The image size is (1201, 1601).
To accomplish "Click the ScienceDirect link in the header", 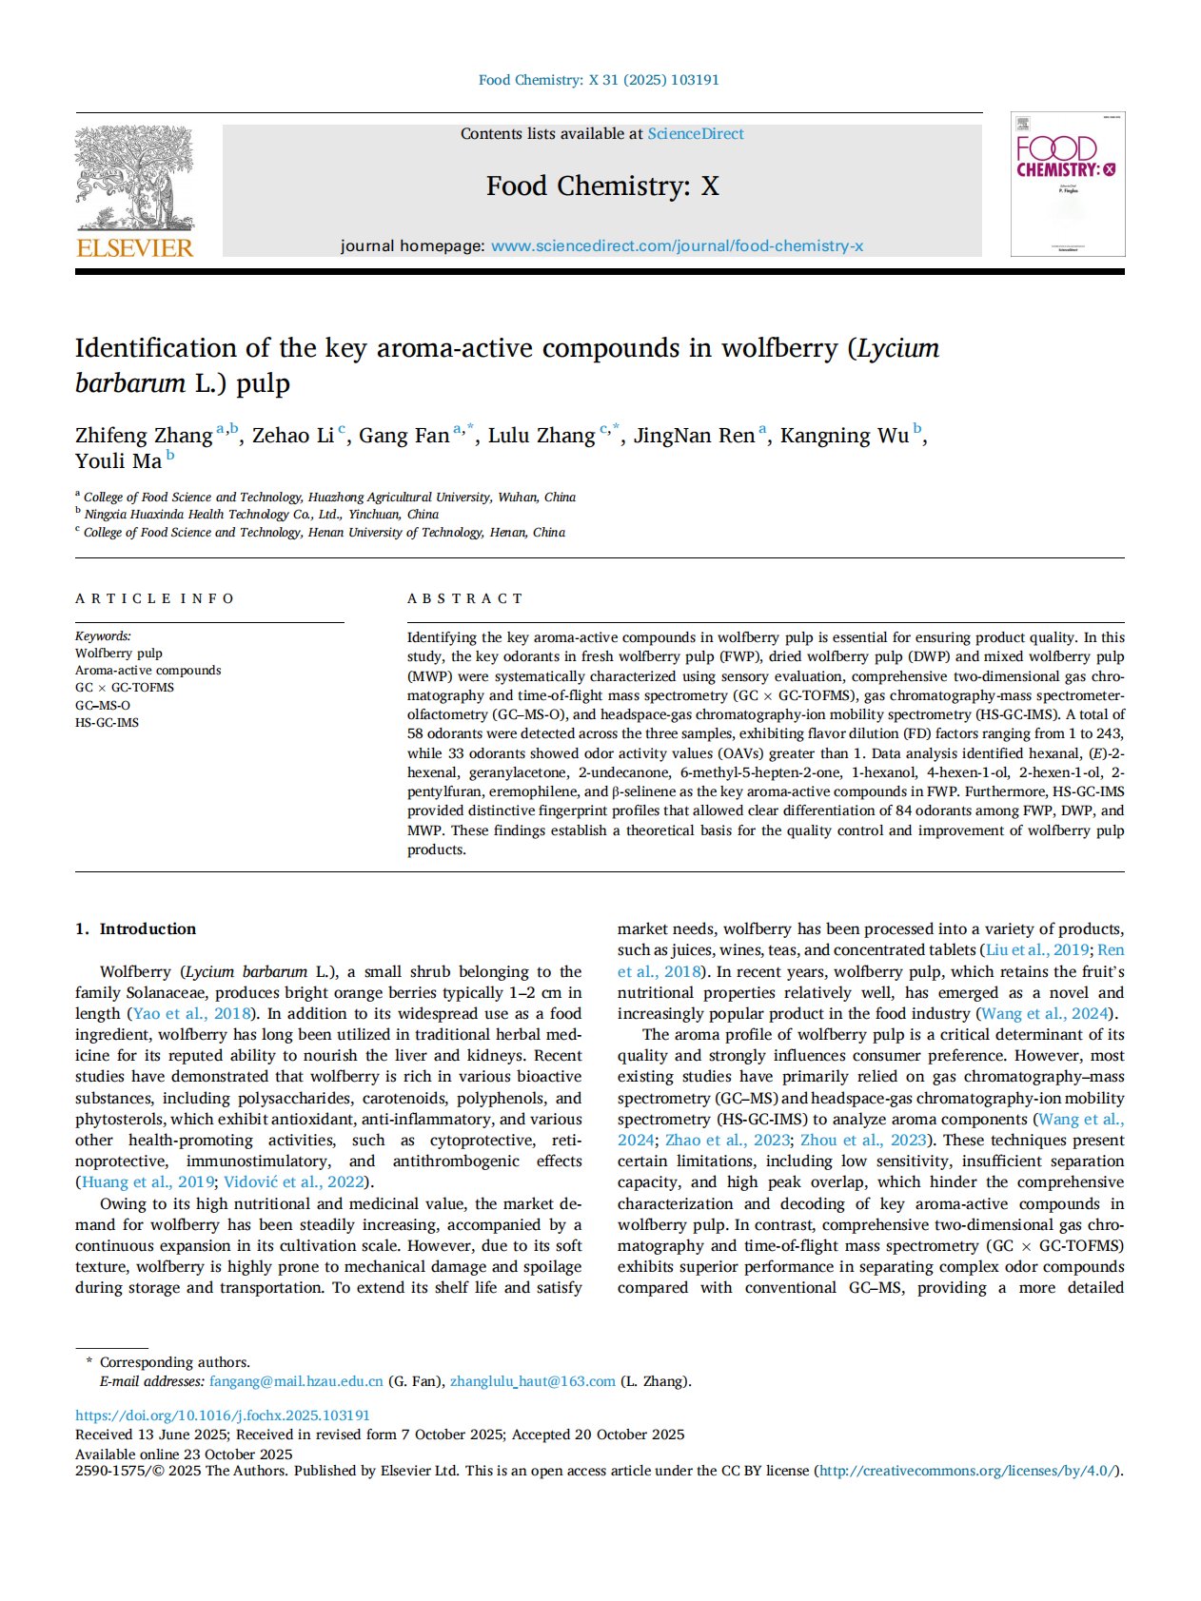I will (x=696, y=134).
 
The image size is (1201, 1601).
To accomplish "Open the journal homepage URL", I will (x=677, y=246).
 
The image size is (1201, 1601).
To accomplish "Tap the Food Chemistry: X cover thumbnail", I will (x=1067, y=184).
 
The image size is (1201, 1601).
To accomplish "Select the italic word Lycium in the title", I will (x=898, y=348).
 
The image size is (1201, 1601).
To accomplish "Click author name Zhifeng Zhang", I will (x=144, y=436).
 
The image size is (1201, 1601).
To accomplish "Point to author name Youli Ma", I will (x=118, y=461).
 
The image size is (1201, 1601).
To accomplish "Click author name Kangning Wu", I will (x=844, y=436).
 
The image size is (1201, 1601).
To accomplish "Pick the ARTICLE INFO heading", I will (x=155, y=598).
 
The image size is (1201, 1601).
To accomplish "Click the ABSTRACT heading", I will (x=465, y=598).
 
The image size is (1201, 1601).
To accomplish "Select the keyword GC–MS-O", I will (x=103, y=705).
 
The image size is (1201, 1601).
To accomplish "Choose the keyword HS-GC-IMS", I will (x=107, y=722).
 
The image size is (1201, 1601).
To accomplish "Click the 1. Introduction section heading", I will (x=136, y=928).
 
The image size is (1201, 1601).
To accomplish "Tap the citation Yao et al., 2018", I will (x=191, y=1013).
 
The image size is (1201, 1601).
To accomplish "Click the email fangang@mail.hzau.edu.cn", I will (x=296, y=1381).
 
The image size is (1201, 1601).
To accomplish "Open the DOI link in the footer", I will (x=223, y=1416).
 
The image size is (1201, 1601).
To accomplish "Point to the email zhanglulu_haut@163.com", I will (x=532, y=1381).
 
